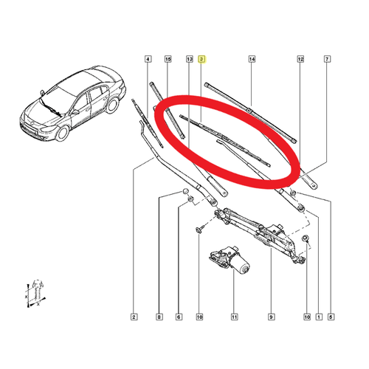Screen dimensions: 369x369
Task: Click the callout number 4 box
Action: (x=148, y=59)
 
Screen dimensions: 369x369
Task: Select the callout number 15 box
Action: (x=168, y=59)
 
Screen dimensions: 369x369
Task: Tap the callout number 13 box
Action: (x=190, y=59)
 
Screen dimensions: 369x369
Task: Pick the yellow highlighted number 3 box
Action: (x=201, y=59)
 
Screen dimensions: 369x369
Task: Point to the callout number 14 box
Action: (x=252, y=59)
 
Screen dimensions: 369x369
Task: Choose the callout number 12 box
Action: (x=300, y=59)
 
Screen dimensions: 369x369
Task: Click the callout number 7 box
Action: (x=327, y=59)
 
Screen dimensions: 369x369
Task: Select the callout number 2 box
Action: (x=134, y=317)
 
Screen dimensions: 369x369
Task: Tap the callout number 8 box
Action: (x=159, y=317)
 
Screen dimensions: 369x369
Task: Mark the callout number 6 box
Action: (x=179, y=317)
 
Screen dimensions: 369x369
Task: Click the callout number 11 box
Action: (x=234, y=317)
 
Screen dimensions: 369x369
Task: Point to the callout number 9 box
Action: (x=271, y=317)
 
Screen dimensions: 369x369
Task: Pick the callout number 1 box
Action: (x=319, y=317)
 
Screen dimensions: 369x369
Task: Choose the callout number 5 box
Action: (x=331, y=317)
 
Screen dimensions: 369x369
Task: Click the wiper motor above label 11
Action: (x=230, y=260)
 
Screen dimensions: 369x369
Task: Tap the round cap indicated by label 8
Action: (x=185, y=191)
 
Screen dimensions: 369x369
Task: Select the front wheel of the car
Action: (x=63, y=133)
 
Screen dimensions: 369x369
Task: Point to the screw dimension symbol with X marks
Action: (x=36, y=293)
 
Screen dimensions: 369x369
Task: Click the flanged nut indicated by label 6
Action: (x=190, y=199)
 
